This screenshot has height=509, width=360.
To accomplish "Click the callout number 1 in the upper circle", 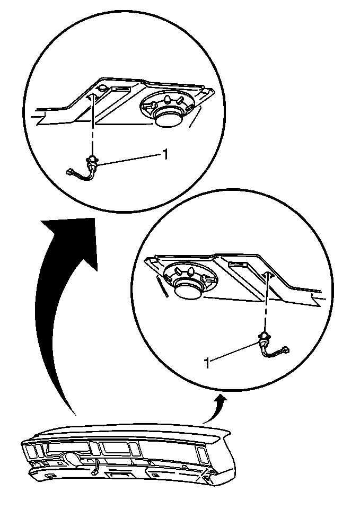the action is click(165, 154).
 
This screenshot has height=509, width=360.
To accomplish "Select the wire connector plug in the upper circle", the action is click(69, 172).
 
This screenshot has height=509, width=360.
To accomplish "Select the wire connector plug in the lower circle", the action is click(285, 350).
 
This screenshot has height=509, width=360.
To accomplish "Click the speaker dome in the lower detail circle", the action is click(188, 289).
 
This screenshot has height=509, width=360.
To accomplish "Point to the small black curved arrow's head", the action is click(222, 400).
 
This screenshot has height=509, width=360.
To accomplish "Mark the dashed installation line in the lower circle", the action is click(266, 303).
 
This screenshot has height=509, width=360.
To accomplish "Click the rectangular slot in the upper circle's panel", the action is click(120, 89).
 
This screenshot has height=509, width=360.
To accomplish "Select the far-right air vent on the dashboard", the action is click(201, 454).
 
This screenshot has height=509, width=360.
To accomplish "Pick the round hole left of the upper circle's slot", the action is click(103, 87).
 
